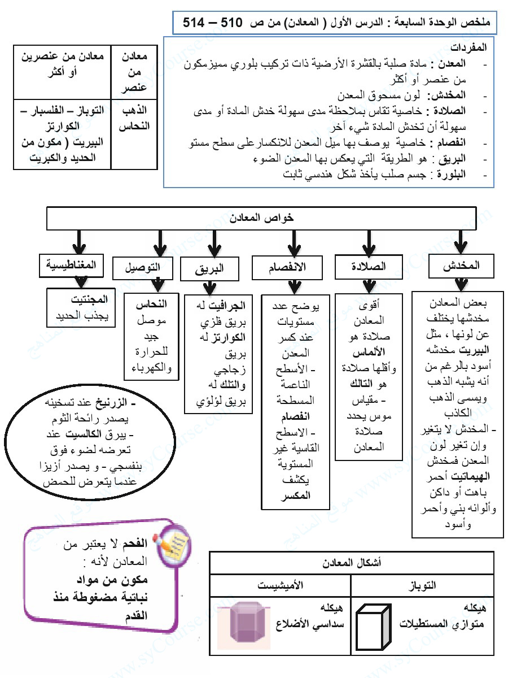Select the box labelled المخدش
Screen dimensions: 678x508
click(x=461, y=266)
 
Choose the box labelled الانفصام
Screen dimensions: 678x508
click(x=287, y=268)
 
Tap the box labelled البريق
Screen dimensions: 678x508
click(x=210, y=268)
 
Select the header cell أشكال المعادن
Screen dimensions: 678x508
click(x=351, y=563)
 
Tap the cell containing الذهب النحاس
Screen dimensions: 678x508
click(x=134, y=118)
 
